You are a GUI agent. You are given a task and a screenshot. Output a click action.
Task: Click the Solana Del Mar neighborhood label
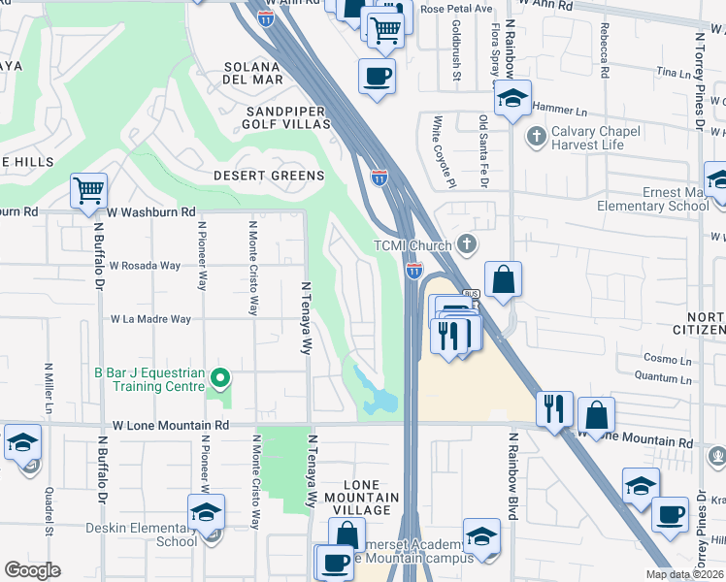click(x=253, y=73)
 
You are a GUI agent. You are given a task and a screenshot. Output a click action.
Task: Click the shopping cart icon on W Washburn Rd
click(x=88, y=189)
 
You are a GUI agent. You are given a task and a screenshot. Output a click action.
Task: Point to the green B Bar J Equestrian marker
click(x=220, y=378)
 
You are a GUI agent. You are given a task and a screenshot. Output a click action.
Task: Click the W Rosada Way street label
click(x=145, y=265)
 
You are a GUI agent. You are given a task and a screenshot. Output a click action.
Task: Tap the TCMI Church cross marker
click(x=468, y=244)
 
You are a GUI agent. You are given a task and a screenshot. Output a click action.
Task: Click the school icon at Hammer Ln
click(x=512, y=97)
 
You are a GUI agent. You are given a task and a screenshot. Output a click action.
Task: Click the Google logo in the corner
click(x=32, y=570)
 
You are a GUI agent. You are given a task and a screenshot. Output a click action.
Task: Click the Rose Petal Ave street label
click(x=446, y=9)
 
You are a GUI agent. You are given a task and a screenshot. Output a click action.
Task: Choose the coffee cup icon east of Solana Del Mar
click(x=377, y=75)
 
